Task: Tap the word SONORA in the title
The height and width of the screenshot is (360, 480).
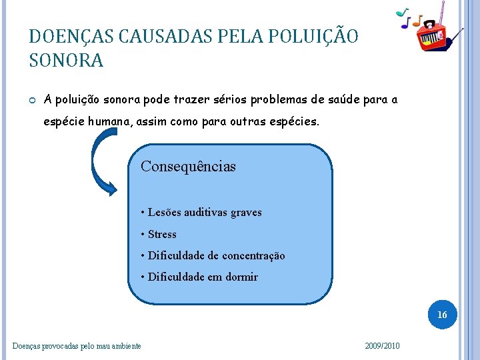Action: pos(67,61)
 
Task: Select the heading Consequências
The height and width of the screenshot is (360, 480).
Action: pos(188,167)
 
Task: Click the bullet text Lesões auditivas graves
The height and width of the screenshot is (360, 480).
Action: pos(201,213)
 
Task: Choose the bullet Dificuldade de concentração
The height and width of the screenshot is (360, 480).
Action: pos(213,255)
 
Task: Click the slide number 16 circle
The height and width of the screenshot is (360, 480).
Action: pos(442,314)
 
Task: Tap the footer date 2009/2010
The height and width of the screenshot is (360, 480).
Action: pos(383,345)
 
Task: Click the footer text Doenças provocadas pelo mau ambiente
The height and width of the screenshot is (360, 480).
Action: pos(77,345)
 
